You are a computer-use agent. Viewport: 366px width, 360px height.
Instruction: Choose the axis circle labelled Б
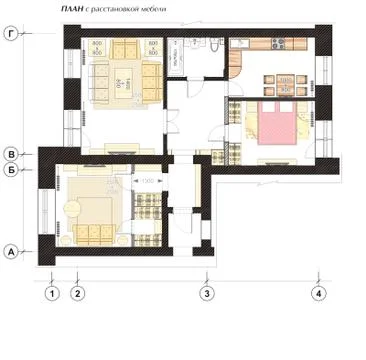tap(12, 172)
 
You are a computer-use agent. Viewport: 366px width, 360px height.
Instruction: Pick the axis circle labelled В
tap(12, 154)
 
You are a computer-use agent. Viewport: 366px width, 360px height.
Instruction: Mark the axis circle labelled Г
tap(11, 34)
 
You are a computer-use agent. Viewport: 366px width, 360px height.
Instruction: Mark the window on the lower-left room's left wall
tap(43, 212)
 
